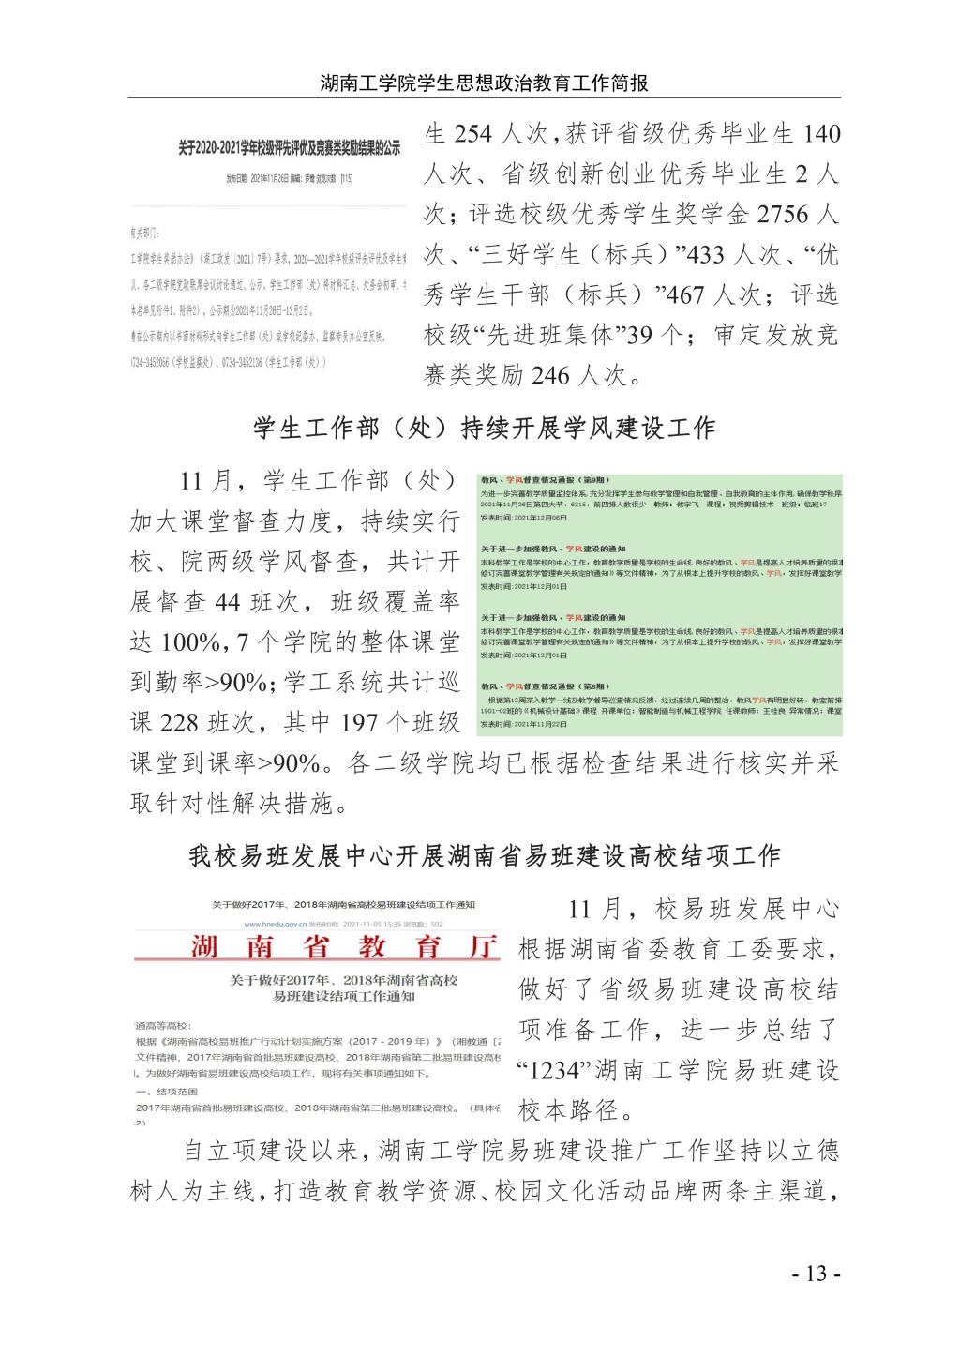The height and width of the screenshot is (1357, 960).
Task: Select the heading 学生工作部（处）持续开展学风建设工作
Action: [484, 429]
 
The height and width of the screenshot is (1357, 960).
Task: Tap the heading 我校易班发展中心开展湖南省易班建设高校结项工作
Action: [484, 855]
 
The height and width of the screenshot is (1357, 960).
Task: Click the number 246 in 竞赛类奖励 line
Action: [550, 376]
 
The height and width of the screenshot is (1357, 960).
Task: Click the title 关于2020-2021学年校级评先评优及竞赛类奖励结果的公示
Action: [290, 148]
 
